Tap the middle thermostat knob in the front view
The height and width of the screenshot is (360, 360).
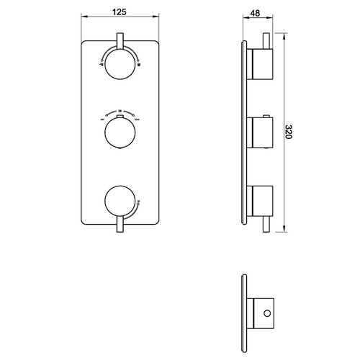click(120, 132)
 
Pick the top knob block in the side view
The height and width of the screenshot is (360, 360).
click(261, 64)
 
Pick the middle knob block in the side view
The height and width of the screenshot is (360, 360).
click(261, 131)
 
